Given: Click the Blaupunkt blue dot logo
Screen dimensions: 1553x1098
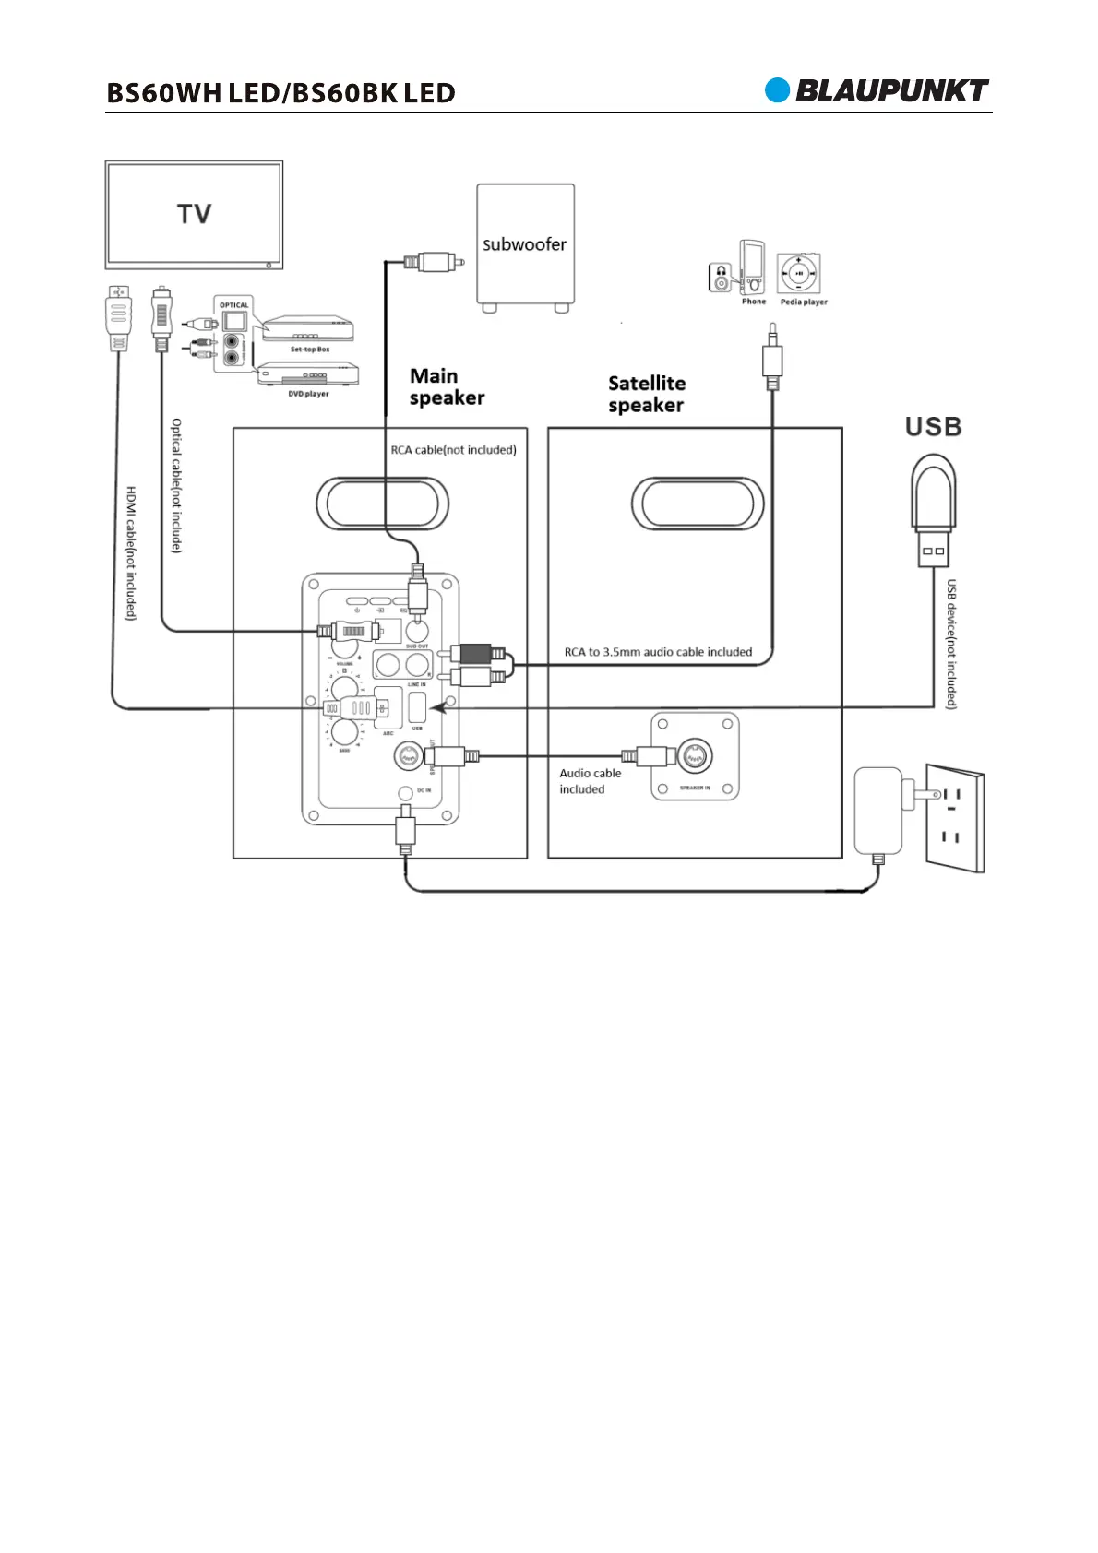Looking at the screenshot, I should click(778, 90).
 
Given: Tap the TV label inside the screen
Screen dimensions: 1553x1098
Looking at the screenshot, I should click(195, 214).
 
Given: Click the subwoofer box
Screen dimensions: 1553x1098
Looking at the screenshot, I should click(525, 245).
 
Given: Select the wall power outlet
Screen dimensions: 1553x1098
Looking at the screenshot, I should click(954, 817).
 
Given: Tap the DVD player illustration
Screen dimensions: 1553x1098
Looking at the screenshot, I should click(306, 373).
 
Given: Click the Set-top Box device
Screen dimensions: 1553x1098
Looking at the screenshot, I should click(308, 329).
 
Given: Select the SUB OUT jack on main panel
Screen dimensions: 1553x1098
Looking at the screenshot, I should click(418, 632).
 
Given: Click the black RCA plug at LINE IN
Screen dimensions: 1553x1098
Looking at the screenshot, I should click(478, 654).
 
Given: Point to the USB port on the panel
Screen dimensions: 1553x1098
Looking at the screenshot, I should click(417, 708).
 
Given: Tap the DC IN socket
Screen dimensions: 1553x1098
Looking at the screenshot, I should click(404, 792).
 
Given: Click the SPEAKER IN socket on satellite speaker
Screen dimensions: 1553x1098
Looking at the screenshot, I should click(694, 756).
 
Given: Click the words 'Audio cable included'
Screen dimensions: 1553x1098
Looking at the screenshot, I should click(590, 781).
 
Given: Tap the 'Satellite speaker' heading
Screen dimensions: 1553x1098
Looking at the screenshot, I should click(647, 394).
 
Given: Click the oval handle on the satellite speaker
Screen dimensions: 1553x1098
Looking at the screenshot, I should click(698, 504).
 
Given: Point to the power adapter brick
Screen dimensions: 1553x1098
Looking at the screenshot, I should click(878, 811).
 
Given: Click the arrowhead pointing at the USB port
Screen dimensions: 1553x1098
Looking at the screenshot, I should click(441, 708).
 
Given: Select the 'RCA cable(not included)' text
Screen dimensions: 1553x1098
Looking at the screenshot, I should click(453, 450).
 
